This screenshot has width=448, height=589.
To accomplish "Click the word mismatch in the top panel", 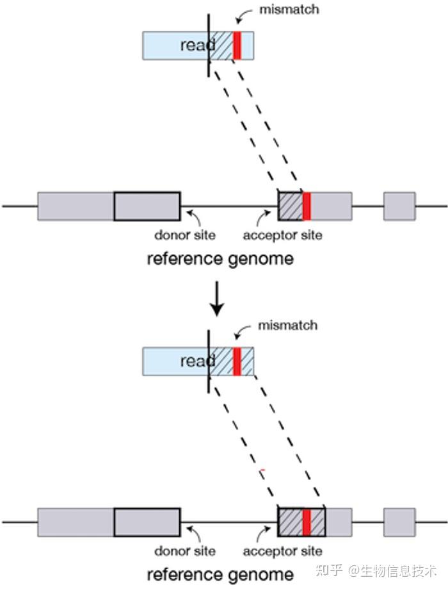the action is (x=289, y=10).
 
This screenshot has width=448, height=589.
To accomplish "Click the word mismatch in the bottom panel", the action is (x=288, y=326).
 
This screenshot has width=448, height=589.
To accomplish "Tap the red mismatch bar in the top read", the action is (x=237, y=46).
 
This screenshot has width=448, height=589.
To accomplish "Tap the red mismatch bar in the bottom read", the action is (x=237, y=361).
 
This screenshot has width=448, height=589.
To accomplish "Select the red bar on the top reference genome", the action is (x=307, y=206).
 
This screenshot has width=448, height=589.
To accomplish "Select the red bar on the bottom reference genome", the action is (x=307, y=522).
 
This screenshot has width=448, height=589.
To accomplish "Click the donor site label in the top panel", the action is (x=185, y=235).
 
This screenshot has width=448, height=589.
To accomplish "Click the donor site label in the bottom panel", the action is (x=185, y=551).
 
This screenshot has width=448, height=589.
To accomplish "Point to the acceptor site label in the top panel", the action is (x=282, y=235).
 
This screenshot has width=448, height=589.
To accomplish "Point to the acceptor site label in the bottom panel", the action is (x=282, y=551).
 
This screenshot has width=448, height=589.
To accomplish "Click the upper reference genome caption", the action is (x=220, y=259).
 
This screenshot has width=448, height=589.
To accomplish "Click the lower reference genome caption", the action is (x=220, y=575).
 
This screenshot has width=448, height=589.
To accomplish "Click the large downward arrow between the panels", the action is (x=216, y=298).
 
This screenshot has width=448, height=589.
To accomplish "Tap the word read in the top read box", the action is (x=198, y=46).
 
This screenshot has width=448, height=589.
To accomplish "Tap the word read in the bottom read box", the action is (x=198, y=361).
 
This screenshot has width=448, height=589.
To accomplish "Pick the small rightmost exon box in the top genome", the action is (x=399, y=206).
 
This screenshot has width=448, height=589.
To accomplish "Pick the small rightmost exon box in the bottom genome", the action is (x=399, y=522).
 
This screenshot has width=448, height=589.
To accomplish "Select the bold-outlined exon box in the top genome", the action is (x=147, y=206).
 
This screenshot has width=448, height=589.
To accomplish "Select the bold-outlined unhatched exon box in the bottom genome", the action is (x=147, y=522).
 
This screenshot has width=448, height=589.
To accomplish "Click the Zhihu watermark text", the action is (x=377, y=570).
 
